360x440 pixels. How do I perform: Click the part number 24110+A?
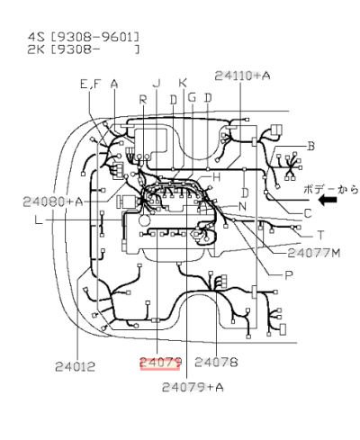point(242,76)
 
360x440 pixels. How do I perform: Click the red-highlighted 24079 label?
point(160,363)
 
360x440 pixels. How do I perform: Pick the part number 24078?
point(216,363)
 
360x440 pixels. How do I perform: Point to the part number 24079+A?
point(193,388)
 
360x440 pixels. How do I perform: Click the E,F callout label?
point(90,84)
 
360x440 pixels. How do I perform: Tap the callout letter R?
point(142,99)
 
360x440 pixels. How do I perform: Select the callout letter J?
point(157,84)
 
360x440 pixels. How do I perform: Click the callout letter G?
point(192,97)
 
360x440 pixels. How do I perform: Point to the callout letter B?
point(310,146)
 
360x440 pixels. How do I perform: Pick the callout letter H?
point(216,177)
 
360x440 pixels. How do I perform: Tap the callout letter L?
point(38,220)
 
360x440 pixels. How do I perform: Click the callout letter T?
point(319,235)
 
